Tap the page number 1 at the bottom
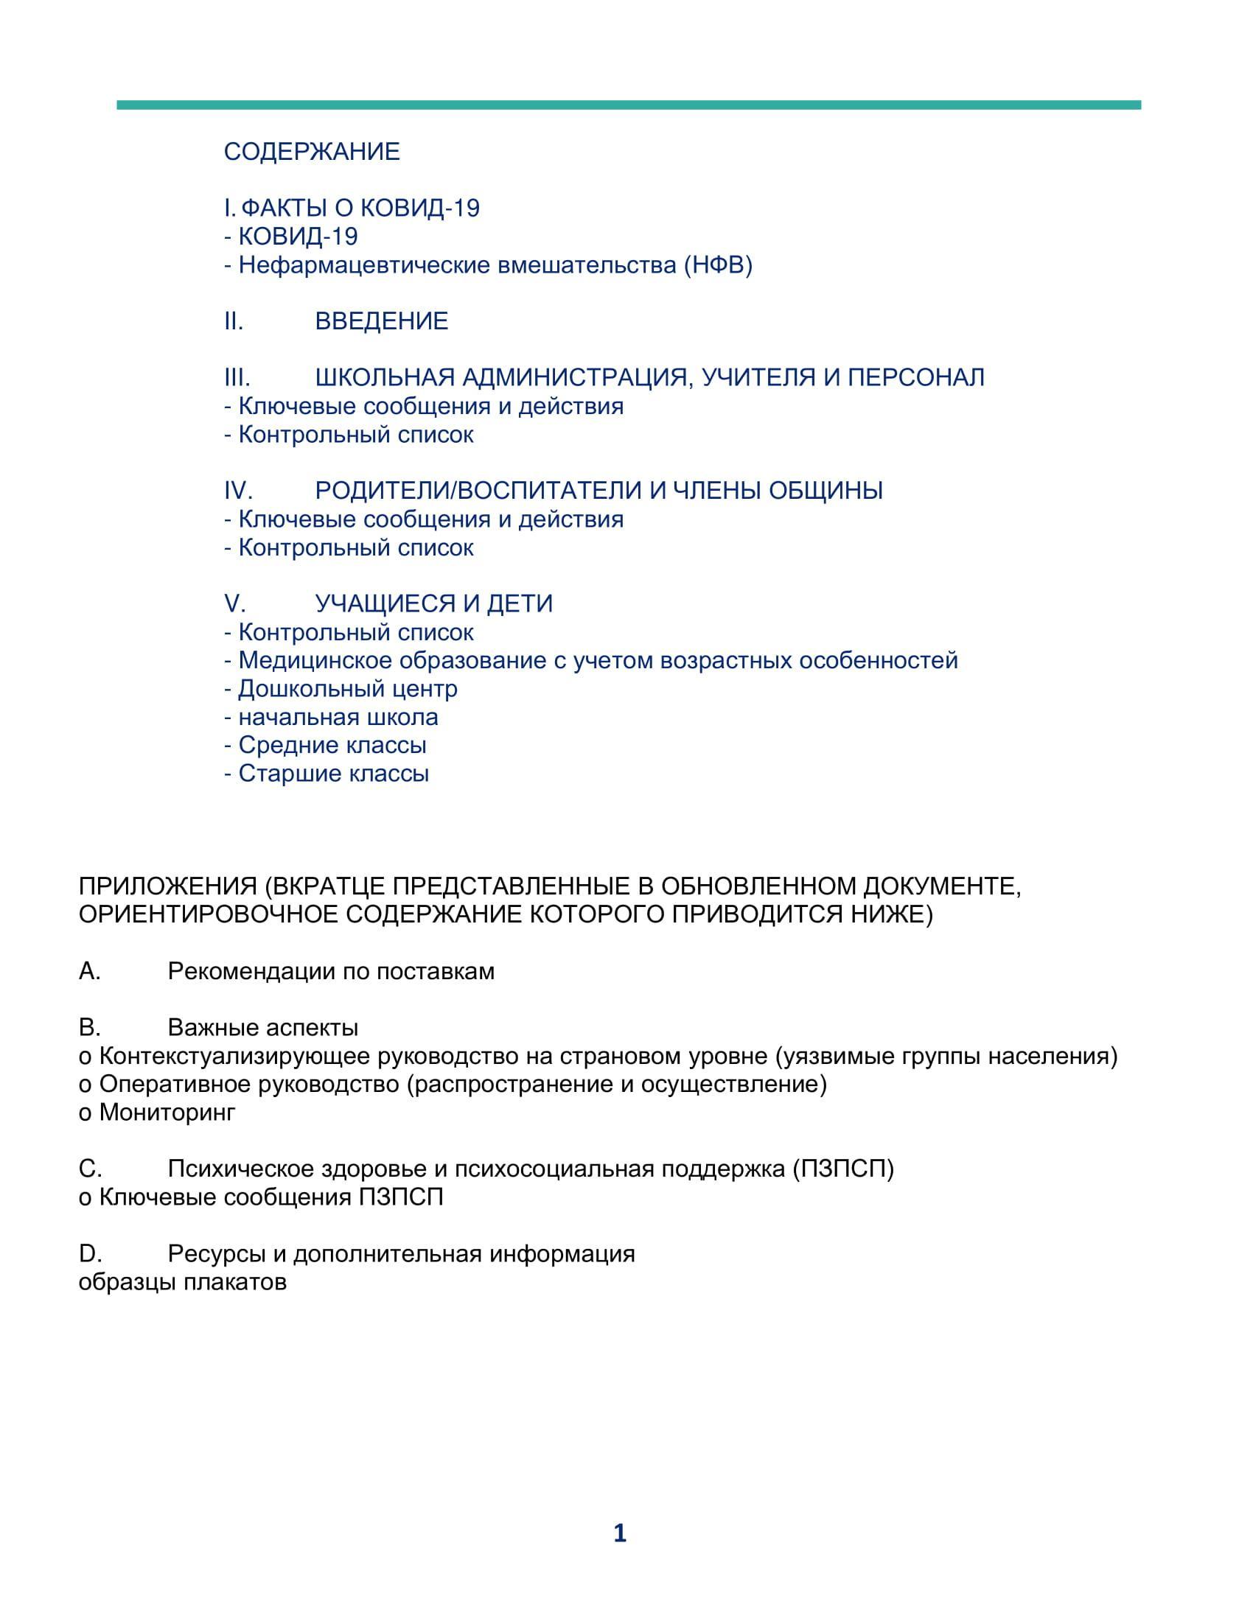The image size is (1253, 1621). click(x=620, y=1533)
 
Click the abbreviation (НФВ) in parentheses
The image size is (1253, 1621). click(x=718, y=265)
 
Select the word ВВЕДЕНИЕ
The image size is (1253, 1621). click(x=382, y=321)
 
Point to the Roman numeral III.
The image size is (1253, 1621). click(x=237, y=378)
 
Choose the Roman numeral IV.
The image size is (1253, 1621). click(x=238, y=491)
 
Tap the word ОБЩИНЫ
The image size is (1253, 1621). click(x=826, y=491)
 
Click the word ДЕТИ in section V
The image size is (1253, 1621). click(x=520, y=603)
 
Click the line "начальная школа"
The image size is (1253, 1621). click(x=338, y=717)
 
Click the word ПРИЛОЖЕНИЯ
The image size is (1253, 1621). click(x=168, y=887)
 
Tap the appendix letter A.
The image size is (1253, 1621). click(x=89, y=972)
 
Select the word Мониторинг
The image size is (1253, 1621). click(x=167, y=1113)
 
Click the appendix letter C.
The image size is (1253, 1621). click(x=90, y=1169)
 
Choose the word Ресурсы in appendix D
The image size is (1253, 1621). click(x=217, y=1253)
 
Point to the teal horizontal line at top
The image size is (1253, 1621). click(x=628, y=105)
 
